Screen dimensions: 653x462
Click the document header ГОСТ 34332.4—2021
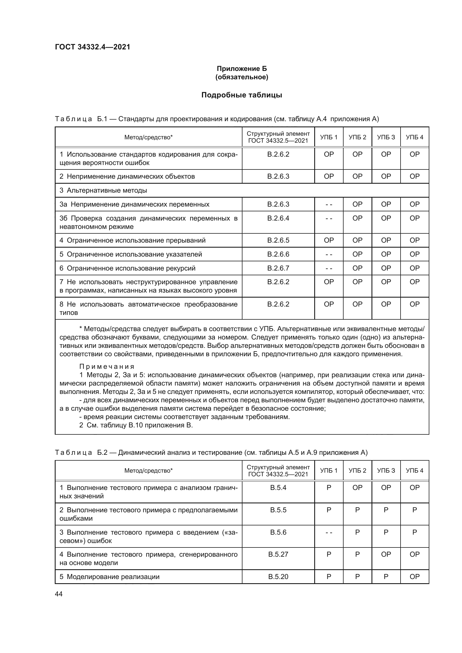click(92, 47)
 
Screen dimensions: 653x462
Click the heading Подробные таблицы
click(242, 95)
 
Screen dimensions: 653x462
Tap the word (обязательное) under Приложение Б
click(242, 77)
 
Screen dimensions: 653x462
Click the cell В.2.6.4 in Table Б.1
click(278, 218)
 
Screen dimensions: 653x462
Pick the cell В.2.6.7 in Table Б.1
click(278, 268)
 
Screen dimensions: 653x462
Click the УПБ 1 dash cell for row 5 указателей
click(328, 254)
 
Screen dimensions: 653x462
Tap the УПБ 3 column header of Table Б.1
click(386, 137)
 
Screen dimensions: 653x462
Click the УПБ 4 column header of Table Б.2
click(414, 470)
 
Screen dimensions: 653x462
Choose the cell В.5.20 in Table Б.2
click(278, 577)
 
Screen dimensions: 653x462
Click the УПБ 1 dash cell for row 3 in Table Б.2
click(328, 532)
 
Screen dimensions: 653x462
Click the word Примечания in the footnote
click(107, 367)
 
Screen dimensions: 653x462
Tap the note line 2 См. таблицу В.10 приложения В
click(136, 425)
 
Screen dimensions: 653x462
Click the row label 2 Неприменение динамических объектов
click(127, 176)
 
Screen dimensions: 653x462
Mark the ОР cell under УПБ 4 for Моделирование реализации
click(414, 577)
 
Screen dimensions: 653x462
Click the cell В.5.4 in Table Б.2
click(278, 487)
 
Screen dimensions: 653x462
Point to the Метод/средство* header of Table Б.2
click(148, 470)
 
